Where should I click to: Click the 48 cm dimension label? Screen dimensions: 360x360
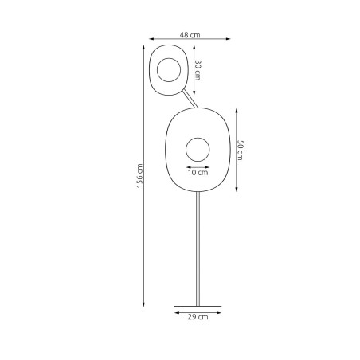coord(190,35)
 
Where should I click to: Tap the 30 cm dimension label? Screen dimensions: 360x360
coord(199,70)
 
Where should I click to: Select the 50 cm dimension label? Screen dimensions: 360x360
coord(240,149)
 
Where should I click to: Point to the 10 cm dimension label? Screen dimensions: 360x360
coord(198,171)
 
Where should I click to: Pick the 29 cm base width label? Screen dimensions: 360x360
coord(198,317)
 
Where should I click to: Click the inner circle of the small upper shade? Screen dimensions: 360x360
coord(170,70)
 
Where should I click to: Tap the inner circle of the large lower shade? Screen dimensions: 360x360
coord(198,149)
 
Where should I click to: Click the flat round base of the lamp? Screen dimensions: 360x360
coord(198,305)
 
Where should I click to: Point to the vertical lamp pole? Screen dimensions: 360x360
coord(198,247)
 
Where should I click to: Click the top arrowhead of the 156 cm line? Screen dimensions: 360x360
coord(145,50)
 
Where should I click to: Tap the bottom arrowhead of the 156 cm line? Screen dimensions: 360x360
coord(145,303)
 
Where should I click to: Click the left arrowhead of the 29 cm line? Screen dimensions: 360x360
coord(174,311)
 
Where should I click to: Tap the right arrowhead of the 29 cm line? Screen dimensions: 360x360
coord(221,311)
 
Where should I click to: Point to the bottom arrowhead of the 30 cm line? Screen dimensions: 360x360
coord(194,93)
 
